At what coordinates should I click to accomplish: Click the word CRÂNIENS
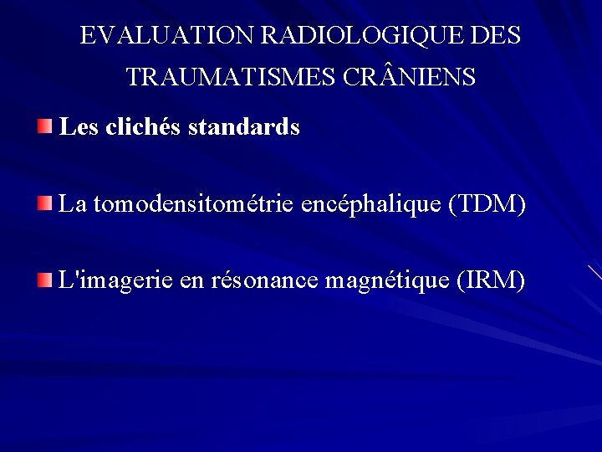[409, 78]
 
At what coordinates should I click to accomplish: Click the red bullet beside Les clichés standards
[44, 128]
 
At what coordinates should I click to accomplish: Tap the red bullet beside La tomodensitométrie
[44, 204]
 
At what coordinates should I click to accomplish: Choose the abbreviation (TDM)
[487, 204]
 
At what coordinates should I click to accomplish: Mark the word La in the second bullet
[73, 204]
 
